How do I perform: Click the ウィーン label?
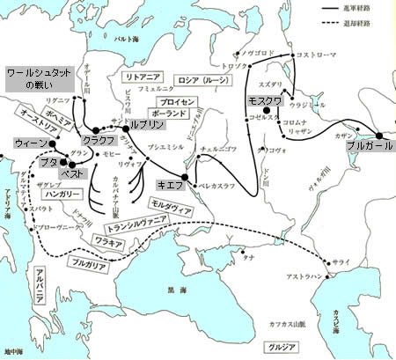tap(28, 143)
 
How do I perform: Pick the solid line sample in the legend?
tap(332, 9)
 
